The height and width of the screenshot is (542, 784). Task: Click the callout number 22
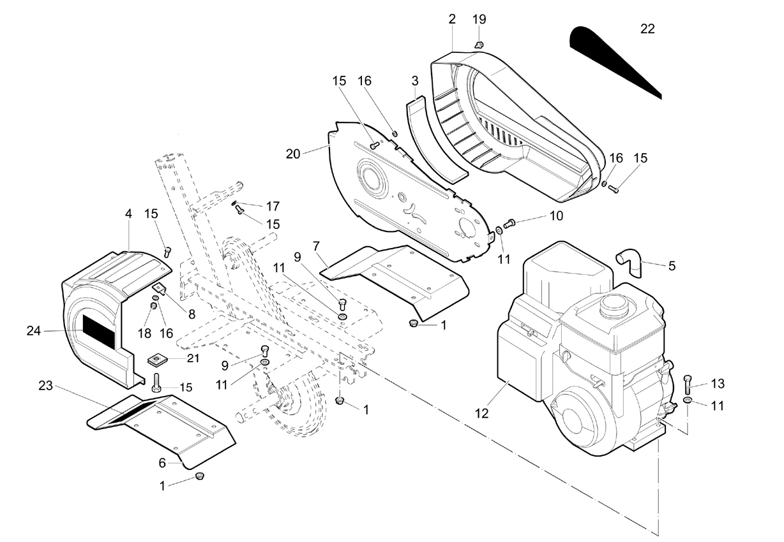tap(647, 29)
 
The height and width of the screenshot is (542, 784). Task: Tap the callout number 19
tap(479, 19)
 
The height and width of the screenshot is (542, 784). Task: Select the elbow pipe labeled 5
tap(629, 263)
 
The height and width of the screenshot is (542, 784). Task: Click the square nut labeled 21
tap(156, 360)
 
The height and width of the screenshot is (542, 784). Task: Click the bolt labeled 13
tap(688, 385)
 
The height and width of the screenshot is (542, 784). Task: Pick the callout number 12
tap(481, 414)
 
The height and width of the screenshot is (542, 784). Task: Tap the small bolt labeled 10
tap(509, 223)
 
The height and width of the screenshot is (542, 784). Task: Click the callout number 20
tap(293, 154)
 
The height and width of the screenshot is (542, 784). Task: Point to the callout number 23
tap(45, 386)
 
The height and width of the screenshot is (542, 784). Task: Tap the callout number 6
tap(162, 463)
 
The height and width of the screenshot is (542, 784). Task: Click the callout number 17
tap(273, 207)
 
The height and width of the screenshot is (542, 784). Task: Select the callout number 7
tap(317, 247)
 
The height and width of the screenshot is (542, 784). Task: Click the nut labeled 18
tap(153, 306)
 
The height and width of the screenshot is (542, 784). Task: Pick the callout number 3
tap(415, 81)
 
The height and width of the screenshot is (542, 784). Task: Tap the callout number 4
tap(128, 214)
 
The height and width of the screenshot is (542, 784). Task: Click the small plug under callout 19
tap(479, 45)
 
